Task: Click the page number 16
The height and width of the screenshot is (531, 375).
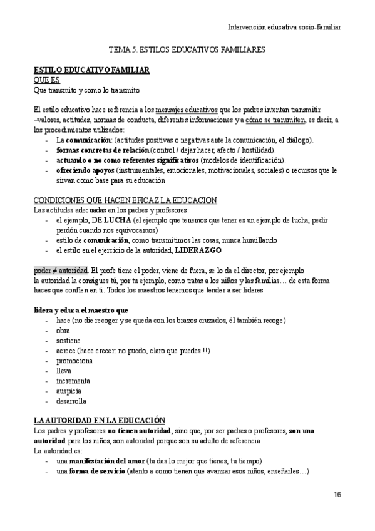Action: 338,495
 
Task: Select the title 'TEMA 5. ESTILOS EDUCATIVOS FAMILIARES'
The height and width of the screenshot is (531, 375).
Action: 187,48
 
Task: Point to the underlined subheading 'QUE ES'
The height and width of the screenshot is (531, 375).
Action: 46,80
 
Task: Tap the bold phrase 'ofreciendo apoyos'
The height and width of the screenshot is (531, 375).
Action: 85,170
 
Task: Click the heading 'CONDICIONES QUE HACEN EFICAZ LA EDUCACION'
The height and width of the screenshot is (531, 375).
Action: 125,200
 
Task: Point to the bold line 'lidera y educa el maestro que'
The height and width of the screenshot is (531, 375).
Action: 81,311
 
